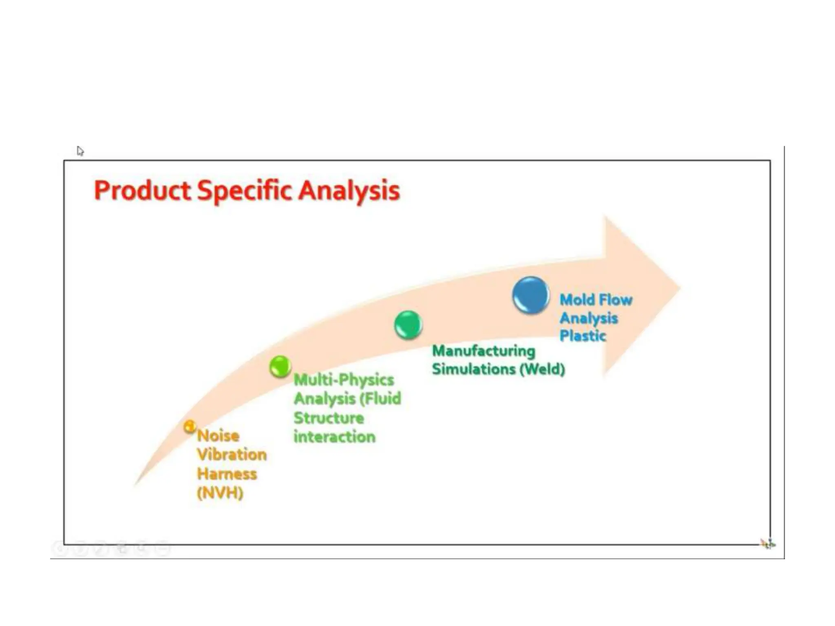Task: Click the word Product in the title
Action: (142, 191)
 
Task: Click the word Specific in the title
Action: (244, 191)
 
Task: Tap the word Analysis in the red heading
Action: (349, 191)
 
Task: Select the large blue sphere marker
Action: (530, 295)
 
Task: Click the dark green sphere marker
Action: (408, 325)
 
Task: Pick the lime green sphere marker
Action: (280, 366)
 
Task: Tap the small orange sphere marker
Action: (189, 427)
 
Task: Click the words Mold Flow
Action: (596, 300)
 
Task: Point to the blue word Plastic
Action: (583, 336)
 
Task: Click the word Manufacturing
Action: (484, 351)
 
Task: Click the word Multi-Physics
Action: (344, 380)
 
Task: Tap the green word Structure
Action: (329, 418)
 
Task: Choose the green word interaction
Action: (334, 437)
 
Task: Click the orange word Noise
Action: (218, 436)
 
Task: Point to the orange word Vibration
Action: (232, 455)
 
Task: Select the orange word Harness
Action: (227, 474)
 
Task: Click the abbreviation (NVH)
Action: (220, 493)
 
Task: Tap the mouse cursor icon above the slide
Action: (80, 151)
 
